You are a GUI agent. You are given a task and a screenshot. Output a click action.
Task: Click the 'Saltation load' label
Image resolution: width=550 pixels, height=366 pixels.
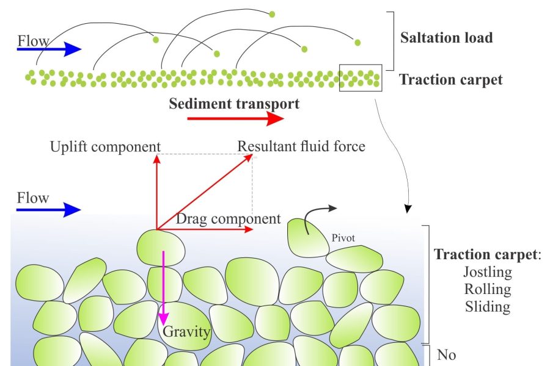447,38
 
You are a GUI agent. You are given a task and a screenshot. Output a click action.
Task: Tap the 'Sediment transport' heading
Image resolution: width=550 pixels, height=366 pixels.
234,104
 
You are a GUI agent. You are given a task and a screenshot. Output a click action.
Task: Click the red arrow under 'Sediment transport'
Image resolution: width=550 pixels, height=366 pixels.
235,118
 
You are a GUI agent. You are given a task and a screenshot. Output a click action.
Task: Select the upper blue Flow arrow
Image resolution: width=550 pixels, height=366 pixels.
49,49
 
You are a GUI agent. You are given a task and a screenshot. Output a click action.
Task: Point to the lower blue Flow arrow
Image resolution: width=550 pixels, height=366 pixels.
49,210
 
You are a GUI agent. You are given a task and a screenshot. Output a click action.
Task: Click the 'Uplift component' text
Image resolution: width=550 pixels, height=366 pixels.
105,147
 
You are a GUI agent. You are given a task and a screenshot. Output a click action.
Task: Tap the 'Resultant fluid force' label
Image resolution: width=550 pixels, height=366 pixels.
301,146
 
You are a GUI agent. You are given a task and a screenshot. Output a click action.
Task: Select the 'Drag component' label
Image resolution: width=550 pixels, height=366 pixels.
229,219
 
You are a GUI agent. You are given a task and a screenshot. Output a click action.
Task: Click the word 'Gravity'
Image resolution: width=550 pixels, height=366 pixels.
186,332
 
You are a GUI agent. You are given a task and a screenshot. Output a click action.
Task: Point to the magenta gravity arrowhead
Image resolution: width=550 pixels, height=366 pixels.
163,318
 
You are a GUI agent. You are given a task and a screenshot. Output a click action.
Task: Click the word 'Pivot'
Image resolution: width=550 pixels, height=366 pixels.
343,238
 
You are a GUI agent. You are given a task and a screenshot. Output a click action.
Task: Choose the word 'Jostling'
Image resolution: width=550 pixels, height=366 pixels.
488,272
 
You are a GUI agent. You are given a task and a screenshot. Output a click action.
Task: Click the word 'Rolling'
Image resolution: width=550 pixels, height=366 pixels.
488,290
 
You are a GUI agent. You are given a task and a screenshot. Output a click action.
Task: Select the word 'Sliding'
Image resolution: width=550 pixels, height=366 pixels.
488,307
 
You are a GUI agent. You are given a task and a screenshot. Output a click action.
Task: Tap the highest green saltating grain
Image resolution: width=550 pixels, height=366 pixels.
272,15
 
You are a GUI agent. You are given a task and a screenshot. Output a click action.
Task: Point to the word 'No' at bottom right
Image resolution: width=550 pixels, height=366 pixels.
447,355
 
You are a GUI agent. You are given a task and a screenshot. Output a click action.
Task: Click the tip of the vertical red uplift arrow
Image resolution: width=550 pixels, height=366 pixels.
157,155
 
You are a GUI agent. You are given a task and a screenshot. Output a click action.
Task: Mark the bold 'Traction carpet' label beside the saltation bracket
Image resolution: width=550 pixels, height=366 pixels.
451,80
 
